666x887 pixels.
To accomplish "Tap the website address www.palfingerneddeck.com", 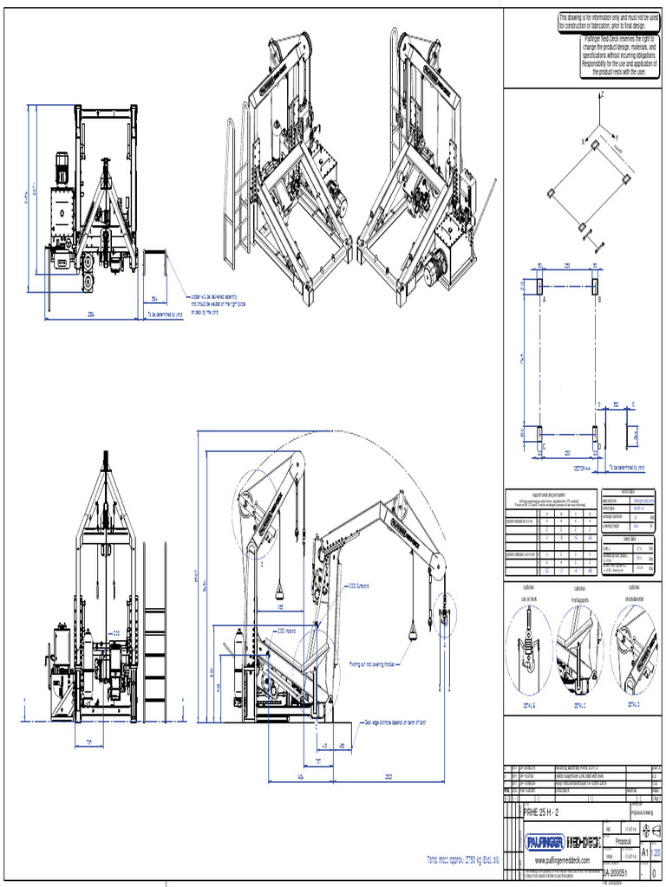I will click(x=561, y=859).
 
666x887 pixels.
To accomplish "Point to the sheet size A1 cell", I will click(x=644, y=852).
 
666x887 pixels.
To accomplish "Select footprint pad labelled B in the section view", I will click(x=596, y=285).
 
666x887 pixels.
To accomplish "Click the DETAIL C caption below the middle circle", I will click(x=581, y=705).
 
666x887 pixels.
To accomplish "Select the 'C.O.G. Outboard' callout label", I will click(x=359, y=586).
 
